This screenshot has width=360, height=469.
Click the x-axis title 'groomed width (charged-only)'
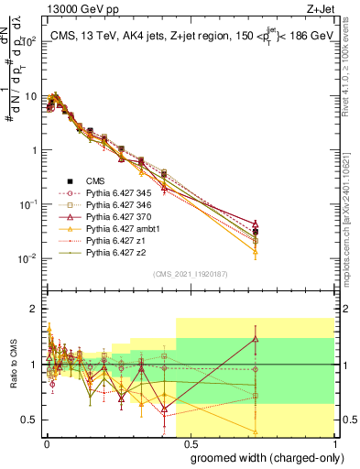coord(261,457)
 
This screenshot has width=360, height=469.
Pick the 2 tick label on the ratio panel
coord(35,309)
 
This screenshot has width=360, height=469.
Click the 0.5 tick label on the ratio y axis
coord(31,420)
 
